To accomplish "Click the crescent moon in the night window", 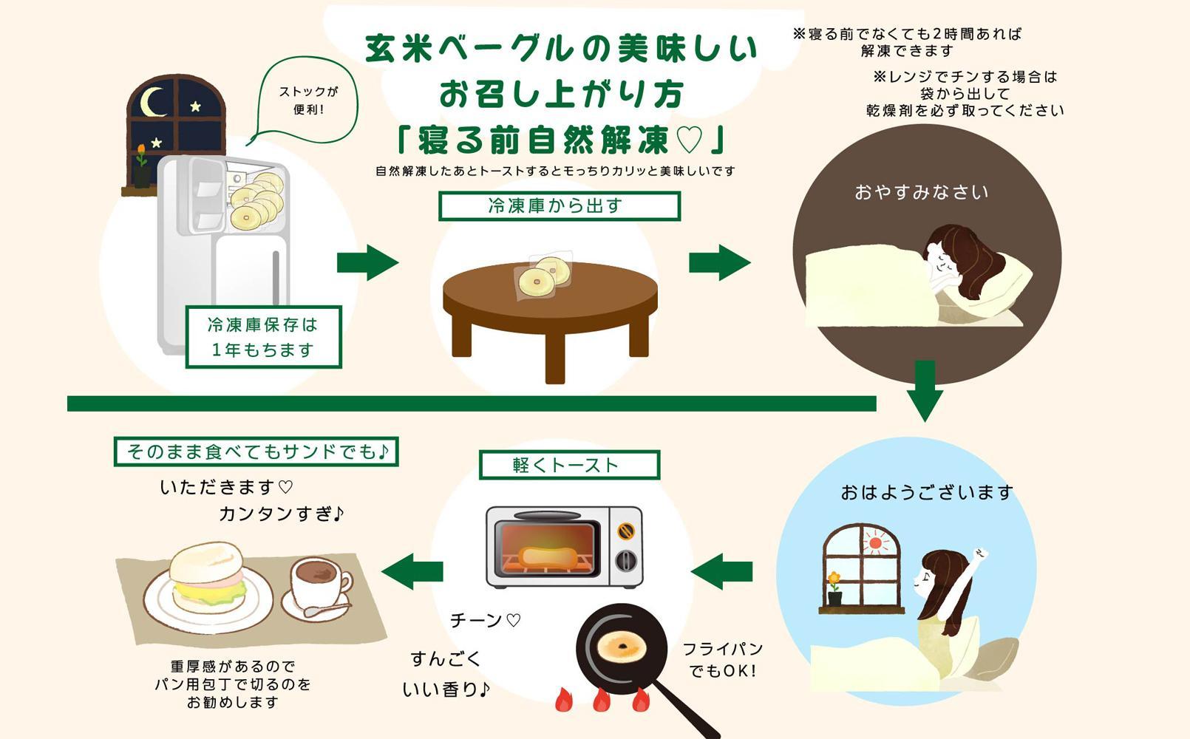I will tap(152, 103).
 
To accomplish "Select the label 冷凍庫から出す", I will tap(559, 206).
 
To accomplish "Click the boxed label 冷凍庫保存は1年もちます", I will tap(263, 337).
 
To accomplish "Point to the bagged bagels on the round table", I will tap(545, 276).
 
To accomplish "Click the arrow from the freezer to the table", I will tap(367, 262).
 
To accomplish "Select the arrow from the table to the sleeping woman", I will tap(719, 262).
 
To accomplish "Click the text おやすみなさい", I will tap(921, 193).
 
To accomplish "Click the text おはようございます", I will tap(927, 492).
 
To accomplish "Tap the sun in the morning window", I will tap(876, 544).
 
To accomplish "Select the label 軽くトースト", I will tap(568, 466).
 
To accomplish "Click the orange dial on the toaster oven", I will tap(626, 530).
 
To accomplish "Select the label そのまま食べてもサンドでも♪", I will tap(256, 452).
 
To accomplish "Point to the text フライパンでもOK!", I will tap(722, 660).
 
